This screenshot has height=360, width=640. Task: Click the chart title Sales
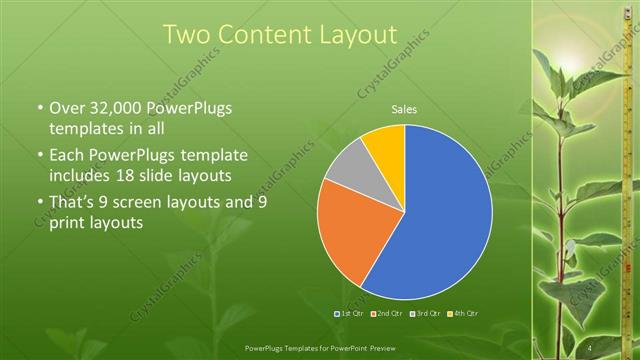[x=404, y=109]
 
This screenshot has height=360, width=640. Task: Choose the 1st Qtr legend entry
[x=348, y=314]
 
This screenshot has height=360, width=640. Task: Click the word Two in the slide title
[x=189, y=35]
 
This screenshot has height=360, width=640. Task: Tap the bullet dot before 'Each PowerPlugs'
[x=39, y=157]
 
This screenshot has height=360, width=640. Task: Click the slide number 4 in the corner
[x=591, y=348]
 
